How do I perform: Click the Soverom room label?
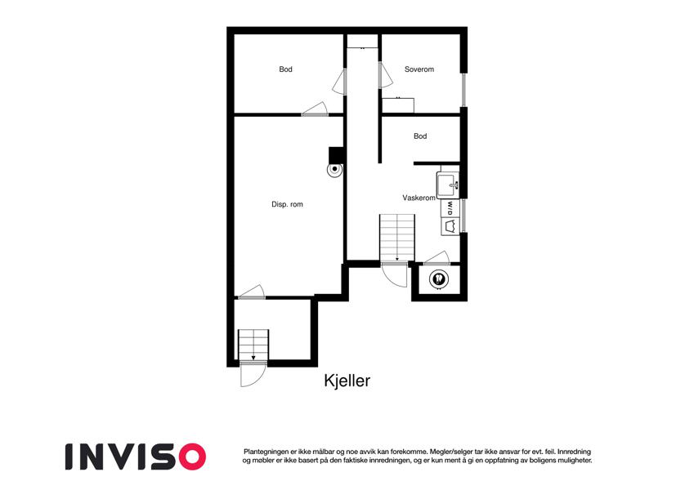pos(419,69)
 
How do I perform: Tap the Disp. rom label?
pos(287,204)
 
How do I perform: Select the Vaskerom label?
pos(419,198)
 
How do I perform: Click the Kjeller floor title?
pos(347,381)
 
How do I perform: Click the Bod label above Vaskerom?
pos(420,136)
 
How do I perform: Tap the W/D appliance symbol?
pos(450,208)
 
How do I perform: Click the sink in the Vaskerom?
pos(448,185)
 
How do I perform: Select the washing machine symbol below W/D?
pos(450,226)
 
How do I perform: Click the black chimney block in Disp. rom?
pos(337,155)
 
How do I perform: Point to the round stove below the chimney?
pos(334,169)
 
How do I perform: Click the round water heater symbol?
pos(439,279)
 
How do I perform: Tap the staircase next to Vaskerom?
pos(397,238)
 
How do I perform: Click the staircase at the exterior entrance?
pos(253,345)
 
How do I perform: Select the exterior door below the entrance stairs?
pos(253,374)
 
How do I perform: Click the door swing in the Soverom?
pos(386,75)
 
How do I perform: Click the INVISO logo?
pos(136,457)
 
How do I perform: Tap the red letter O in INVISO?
pos(191,457)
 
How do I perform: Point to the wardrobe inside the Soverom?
pos(398,105)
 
